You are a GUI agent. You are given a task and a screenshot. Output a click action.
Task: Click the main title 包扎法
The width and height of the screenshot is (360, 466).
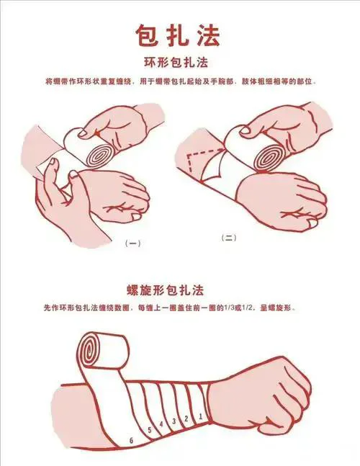pos(179,35)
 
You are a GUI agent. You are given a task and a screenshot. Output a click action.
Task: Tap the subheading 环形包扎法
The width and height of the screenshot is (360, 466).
pos(176,63)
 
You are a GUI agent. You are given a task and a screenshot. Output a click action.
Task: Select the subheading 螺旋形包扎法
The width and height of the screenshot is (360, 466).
pos(165,290)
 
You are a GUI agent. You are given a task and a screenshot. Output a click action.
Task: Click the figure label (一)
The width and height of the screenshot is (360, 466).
pos(132,243)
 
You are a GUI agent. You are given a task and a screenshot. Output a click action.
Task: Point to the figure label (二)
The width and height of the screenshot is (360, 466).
pos(229,238)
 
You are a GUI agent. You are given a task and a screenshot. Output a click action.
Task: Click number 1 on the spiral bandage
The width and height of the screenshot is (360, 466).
pos(200,416)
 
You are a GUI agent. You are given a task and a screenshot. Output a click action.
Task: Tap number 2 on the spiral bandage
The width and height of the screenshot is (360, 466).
pos(186,418)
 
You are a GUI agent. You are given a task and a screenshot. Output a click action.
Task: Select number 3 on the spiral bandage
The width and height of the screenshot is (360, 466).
pos(174,421)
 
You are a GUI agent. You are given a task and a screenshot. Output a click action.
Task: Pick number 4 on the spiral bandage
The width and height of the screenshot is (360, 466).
pos(161,424)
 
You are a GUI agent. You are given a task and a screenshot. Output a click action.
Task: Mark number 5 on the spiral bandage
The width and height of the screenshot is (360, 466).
pos(150,430)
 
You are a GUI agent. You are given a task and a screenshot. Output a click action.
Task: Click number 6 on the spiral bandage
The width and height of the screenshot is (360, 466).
pos(131,441)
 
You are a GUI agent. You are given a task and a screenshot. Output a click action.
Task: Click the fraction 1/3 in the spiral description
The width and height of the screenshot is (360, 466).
pos(229,308)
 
